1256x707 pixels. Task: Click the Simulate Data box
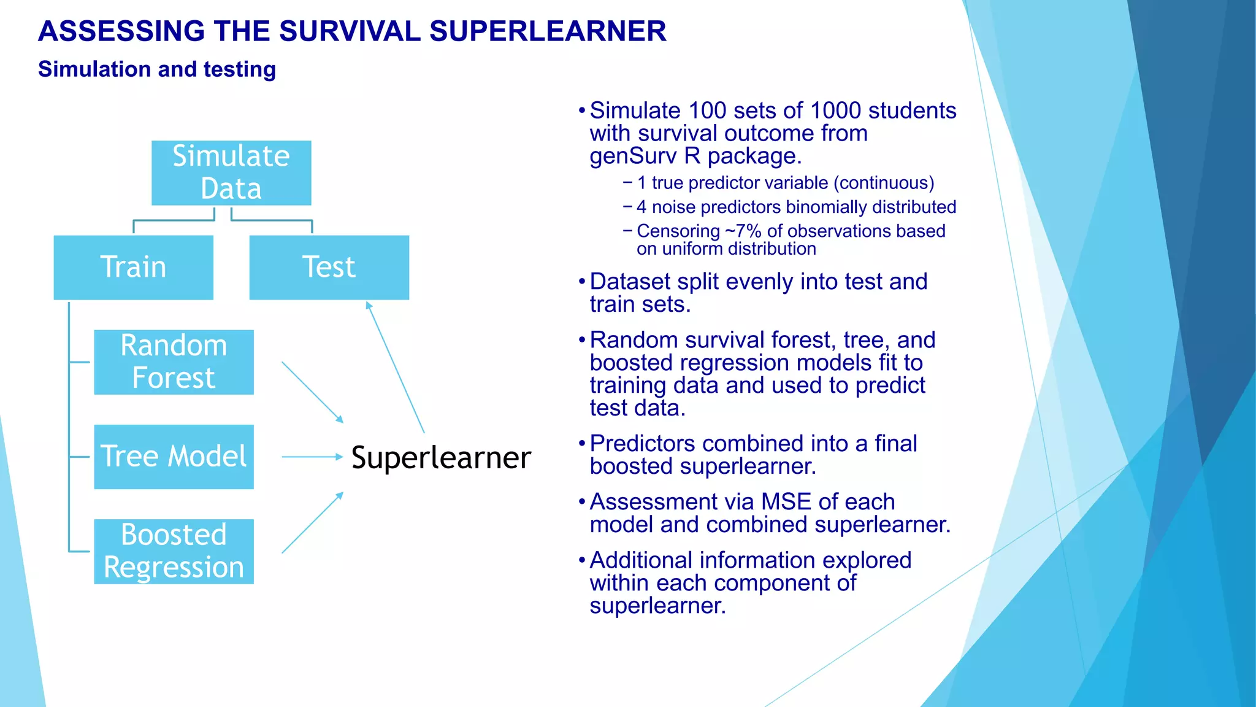point(231,172)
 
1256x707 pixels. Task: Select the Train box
point(133,267)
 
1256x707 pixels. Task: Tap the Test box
point(329,267)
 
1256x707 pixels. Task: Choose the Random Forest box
point(174,362)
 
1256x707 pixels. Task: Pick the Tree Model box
point(174,457)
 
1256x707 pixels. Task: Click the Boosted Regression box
point(174,551)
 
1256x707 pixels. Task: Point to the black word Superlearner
point(441,458)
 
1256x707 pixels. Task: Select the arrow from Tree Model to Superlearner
point(312,457)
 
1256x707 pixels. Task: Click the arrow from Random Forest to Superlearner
point(312,392)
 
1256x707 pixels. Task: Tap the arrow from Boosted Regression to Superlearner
point(312,523)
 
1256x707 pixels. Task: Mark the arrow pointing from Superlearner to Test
point(395,367)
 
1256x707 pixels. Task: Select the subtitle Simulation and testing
point(157,69)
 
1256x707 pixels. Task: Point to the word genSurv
point(633,156)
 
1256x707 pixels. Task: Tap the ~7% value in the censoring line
point(743,231)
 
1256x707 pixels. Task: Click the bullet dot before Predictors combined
point(582,444)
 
